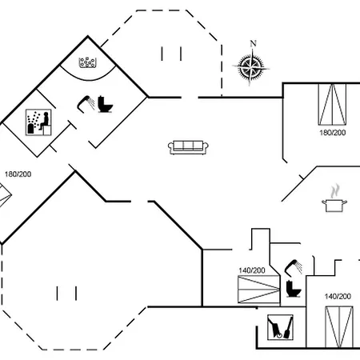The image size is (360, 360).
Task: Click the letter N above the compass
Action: click(253, 43)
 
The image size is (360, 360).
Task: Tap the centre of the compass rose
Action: click(250, 67)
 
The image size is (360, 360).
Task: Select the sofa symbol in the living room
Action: click(188, 147)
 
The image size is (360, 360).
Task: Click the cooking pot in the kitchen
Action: click(334, 206)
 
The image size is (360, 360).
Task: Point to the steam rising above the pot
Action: click(334, 191)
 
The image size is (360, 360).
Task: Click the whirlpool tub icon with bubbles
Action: click(87, 62)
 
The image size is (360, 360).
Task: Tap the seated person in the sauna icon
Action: click(45, 122)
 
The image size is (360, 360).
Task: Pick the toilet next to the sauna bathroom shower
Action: click(106, 104)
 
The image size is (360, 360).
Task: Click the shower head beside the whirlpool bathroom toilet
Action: click(86, 102)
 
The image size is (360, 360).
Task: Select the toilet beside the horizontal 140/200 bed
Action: click(294, 288)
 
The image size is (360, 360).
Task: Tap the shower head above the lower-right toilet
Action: click(294, 267)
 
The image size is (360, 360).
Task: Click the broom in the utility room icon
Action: click(288, 327)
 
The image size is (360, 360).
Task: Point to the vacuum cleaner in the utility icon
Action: click(274, 327)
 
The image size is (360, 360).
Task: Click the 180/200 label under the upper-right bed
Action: click(333, 133)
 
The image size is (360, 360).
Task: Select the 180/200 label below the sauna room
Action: click(18, 174)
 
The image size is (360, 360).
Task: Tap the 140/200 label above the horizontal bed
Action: click(252, 270)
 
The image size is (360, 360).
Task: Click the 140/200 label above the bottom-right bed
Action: click(338, 296)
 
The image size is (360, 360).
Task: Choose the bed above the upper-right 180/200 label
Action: click(332, 104)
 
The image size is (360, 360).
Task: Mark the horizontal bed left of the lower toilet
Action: click(258, 290)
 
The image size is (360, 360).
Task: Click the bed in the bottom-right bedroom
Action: click(339, 327)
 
